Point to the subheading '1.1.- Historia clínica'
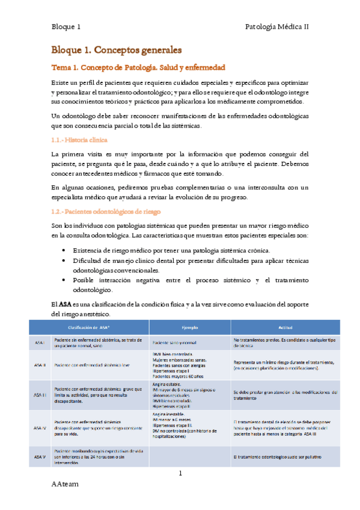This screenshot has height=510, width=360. tap(79, 140)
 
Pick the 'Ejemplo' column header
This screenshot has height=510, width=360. tap(190, 327)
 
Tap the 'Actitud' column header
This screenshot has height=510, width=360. tap(285, 327)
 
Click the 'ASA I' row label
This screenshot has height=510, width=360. tap(40, 342)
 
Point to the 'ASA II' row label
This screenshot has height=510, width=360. tap(40, 364)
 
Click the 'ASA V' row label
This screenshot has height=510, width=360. tap(40, 457)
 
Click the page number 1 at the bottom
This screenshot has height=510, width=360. tap(180, 475)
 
